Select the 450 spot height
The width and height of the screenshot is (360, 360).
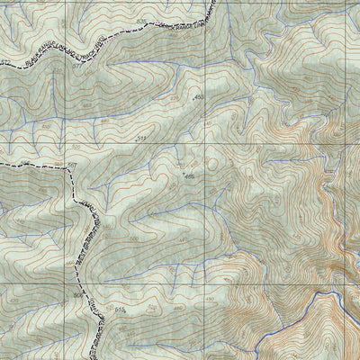point(199,96)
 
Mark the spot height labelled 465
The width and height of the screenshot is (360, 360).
point(189,176)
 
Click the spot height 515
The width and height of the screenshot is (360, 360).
point(120,309)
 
